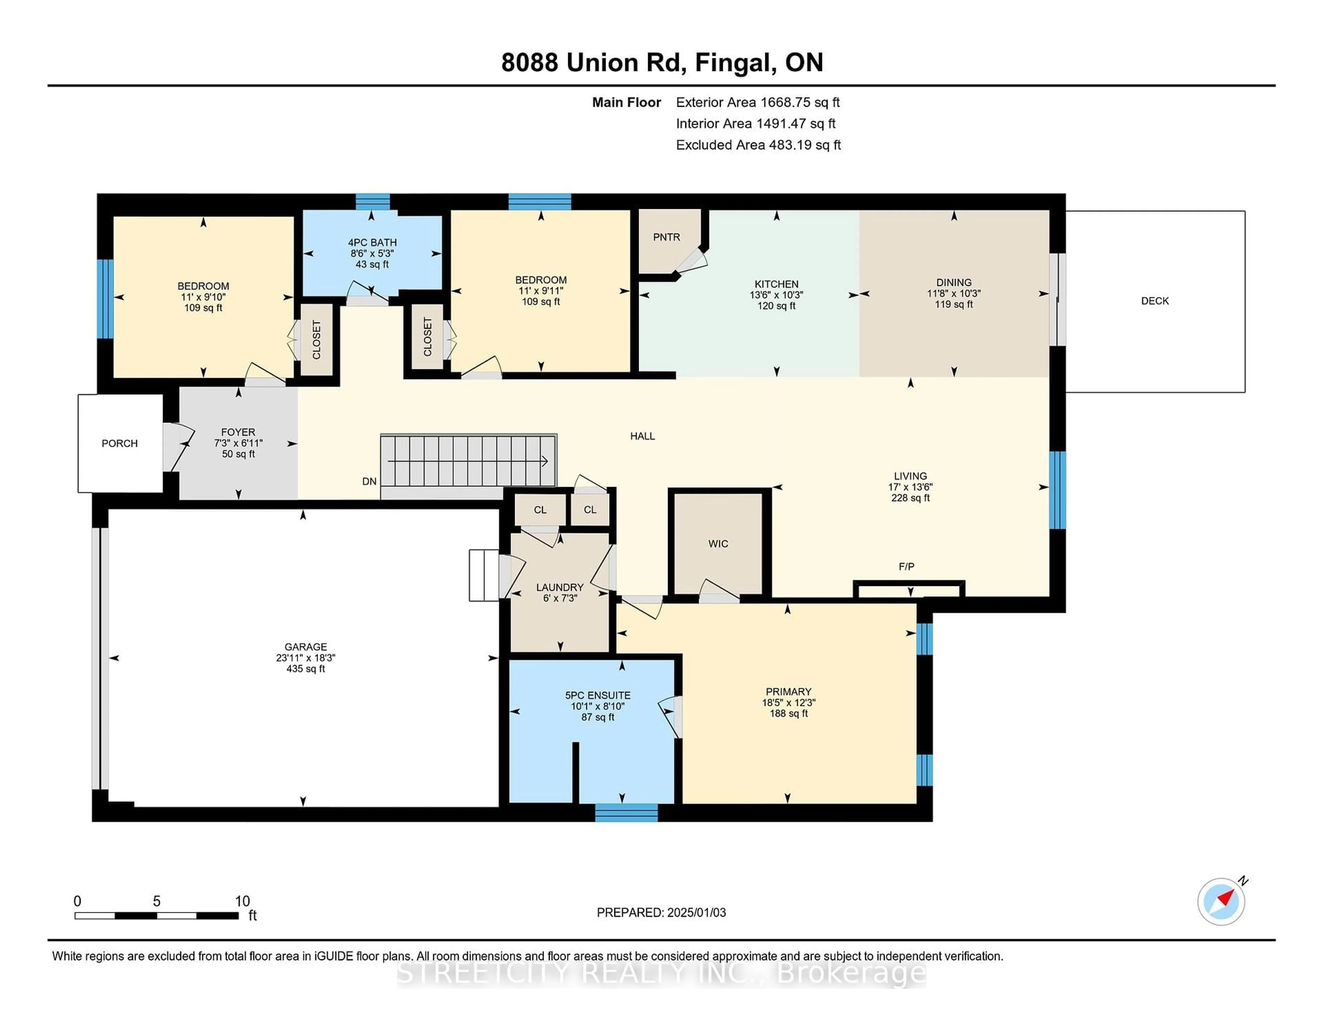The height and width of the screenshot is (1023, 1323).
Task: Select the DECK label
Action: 1155,301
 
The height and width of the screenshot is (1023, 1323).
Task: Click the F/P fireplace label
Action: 906,567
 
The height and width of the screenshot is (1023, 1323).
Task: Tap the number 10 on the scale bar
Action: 242,901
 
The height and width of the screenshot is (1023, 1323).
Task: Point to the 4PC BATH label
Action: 372,242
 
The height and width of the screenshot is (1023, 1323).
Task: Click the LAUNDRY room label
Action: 560,587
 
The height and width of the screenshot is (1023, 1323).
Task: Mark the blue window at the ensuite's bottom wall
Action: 626,813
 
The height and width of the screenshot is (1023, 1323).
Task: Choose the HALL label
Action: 642,436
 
